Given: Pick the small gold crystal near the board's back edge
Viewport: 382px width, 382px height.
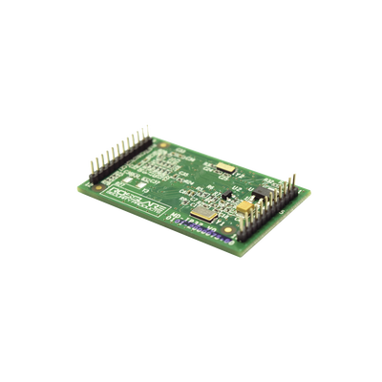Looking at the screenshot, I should [226, 168].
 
